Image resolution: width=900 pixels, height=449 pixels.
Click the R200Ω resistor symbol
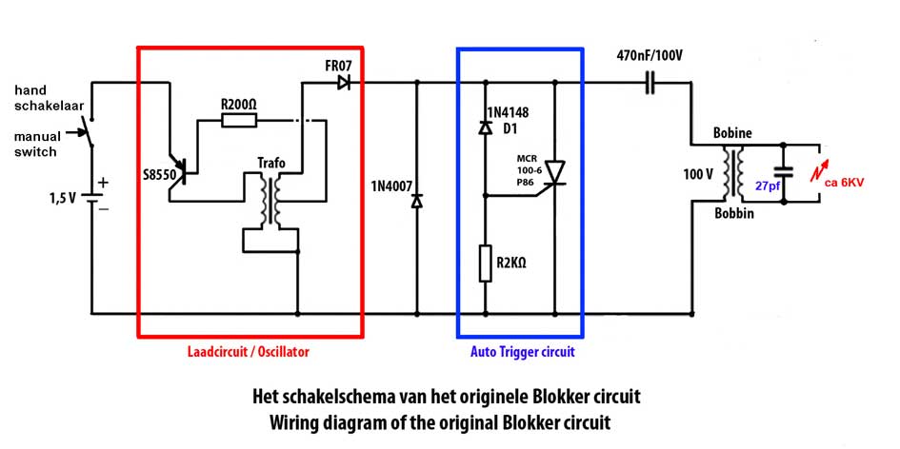click(x=238, y=120)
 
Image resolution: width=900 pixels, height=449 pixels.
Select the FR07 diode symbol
click(x=343, y=84)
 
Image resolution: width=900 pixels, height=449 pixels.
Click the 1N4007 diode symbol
click(x=416, y=202)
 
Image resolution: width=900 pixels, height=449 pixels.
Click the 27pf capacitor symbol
click(x=783, y=173)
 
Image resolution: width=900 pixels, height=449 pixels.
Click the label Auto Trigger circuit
click(x=522, y=352)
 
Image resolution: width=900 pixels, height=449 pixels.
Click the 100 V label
click(x=699, y=174)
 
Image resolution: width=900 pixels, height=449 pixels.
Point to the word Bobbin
click(x=733, y=214)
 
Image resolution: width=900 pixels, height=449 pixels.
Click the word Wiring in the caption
click(x=302, y=421)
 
